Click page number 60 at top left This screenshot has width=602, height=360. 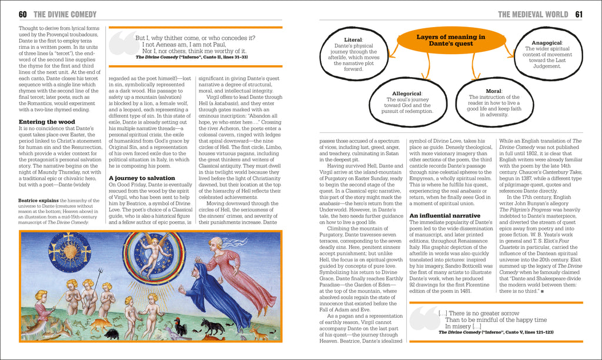pos(23,14)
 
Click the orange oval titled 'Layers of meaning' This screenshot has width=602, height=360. pos(450,40)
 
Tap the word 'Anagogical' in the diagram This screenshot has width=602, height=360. pos(547,43)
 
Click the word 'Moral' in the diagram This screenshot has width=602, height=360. pos(493,91)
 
